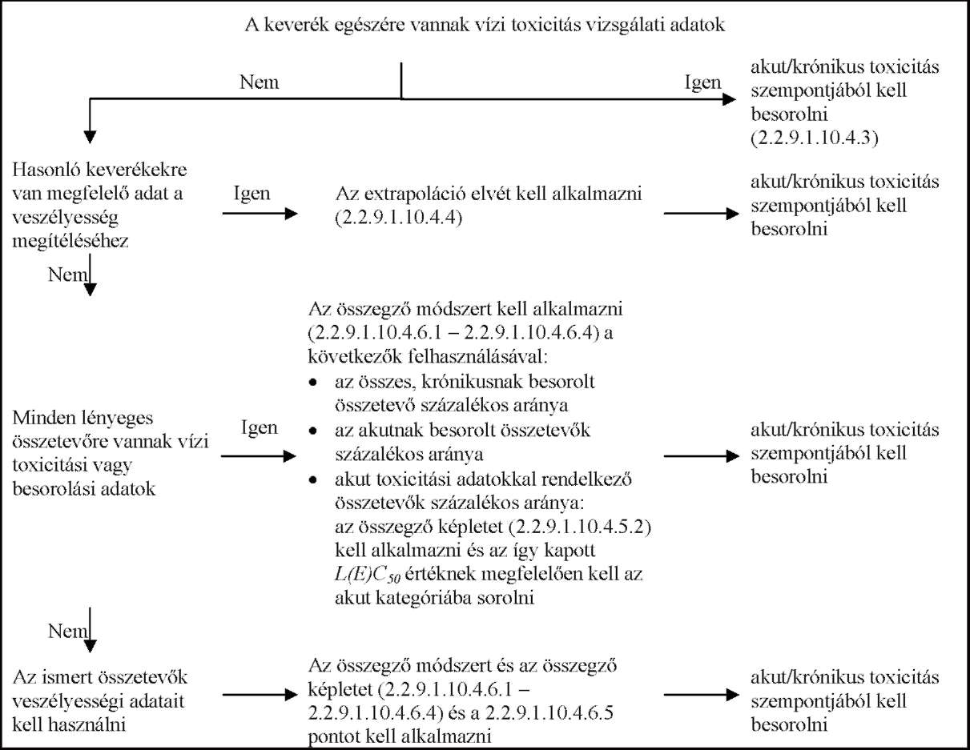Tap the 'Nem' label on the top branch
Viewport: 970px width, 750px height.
coord(259,82)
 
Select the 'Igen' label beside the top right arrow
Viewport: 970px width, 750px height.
coord(702,83)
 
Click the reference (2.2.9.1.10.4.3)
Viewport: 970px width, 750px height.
coord(815,138)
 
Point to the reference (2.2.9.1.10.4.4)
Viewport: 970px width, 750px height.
coord(399,218)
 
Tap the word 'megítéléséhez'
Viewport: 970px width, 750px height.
coord(70,242)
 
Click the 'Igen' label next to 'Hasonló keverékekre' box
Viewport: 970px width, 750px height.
coord(252,195)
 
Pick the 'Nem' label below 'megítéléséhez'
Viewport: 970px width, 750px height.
coord(67,275)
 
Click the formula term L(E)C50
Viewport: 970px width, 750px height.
coord(368,575)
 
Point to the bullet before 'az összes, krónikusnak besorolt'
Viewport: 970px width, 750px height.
coord(314,383)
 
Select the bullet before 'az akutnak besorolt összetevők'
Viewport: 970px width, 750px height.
coord(314,431)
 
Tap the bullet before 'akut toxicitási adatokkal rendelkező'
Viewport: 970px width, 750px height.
coord(314,479)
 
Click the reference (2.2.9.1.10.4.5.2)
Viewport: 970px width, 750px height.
coord(579,527)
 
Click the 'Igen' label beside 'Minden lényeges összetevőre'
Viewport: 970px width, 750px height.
coord(260,428)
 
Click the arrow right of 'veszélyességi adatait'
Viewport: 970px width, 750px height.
coord(260,695)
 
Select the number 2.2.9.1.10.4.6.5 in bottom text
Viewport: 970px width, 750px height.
coord(549,713)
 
